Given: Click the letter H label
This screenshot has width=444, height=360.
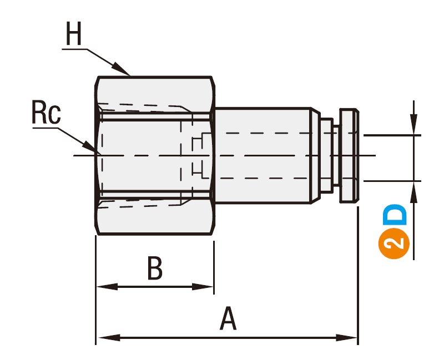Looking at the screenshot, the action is point(74,33).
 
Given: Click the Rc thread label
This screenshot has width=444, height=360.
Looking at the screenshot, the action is point(46,113).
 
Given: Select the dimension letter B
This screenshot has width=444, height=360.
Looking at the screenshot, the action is point(155,268).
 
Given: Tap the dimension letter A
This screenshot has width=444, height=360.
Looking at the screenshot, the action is point(228,319).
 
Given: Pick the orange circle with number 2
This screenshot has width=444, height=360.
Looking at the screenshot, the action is point(394,244).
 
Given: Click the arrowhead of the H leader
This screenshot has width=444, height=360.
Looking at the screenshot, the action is point(121,69).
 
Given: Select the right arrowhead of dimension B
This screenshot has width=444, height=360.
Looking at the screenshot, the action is point(203,286).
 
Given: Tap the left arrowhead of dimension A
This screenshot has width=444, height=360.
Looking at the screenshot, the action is point(109,337).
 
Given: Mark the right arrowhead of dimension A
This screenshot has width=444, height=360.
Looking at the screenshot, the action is point(346,337).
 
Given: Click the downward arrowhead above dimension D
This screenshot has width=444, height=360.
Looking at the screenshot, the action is point(414,124).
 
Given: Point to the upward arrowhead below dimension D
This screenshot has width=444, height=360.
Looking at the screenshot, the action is point(414,192).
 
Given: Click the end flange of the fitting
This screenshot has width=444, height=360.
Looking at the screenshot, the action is point(349,155).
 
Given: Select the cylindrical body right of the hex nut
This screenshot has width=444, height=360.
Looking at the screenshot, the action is point(263,155).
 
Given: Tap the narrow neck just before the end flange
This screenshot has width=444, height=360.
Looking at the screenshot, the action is point(336,155).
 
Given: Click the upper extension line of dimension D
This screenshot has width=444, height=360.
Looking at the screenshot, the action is point(392,135).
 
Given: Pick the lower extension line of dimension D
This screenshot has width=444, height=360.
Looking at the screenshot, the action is point(392,181).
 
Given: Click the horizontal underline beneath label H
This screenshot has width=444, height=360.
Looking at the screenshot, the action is point(75,49).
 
